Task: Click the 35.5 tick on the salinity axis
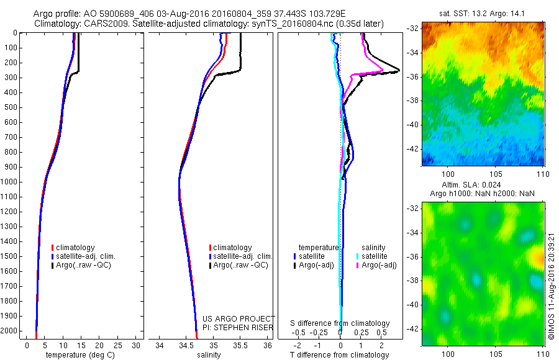pyautogui.click(x=240, y=345)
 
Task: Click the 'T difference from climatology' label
pyautogui.click(x=340, y=355)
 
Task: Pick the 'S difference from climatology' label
pyautogui.click(x=340, y=323)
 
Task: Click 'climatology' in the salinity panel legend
pyautogui.click(x=232, y=248)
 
